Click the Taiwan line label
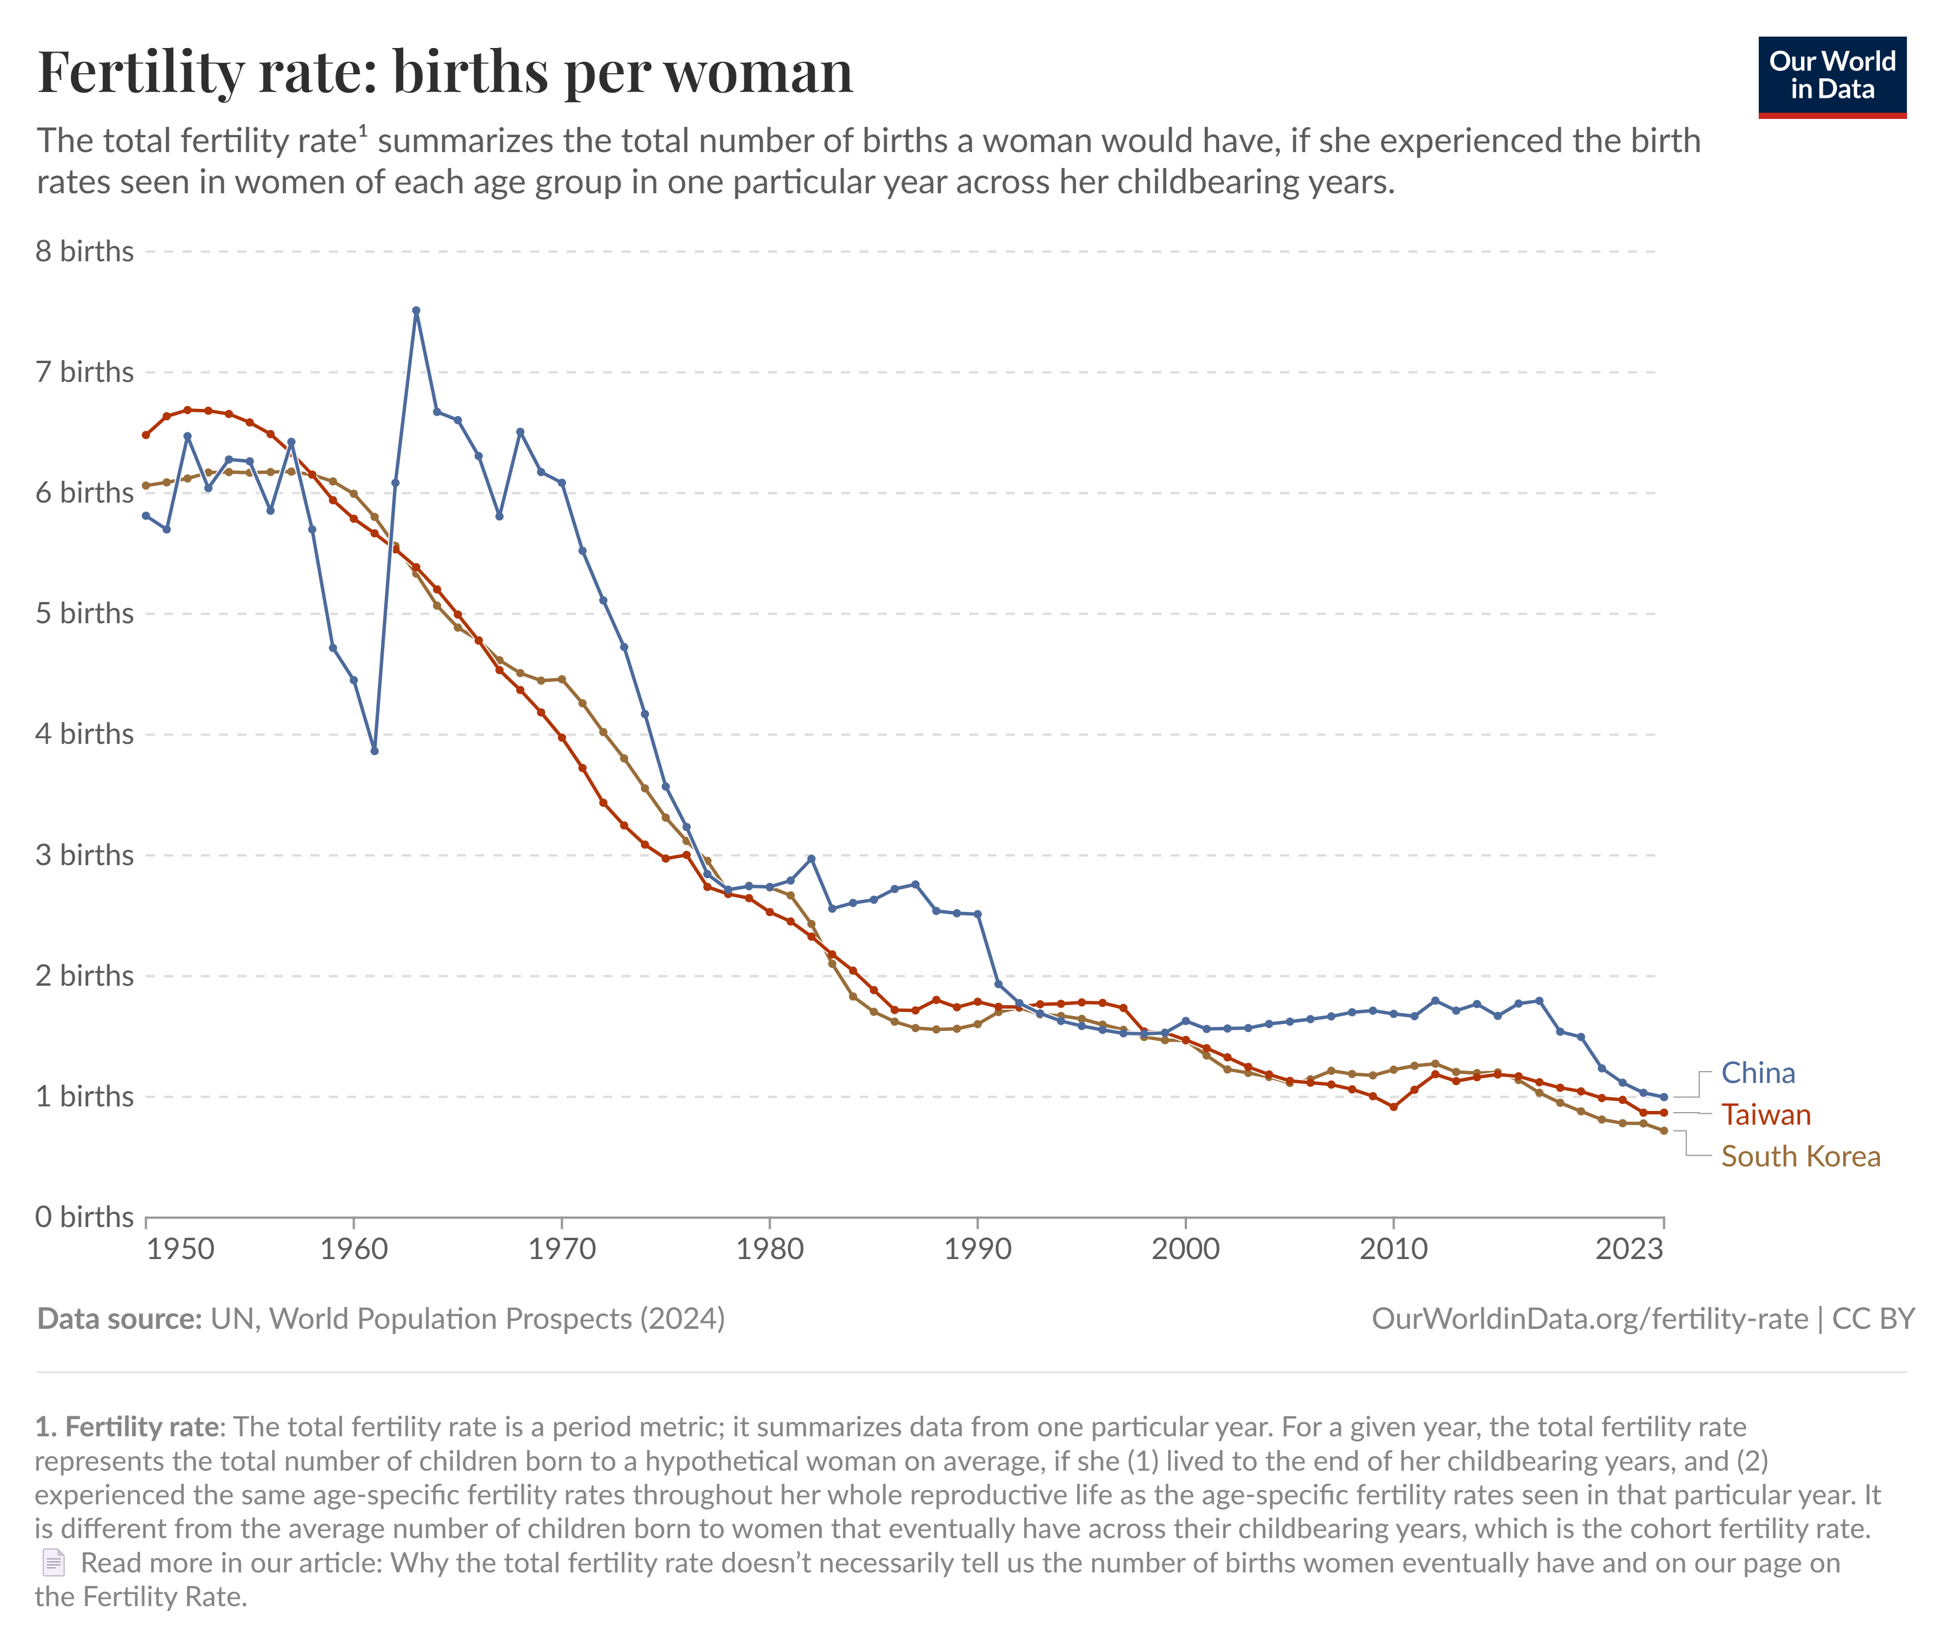1766,1114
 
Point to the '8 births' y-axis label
84,252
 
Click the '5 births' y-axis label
84,614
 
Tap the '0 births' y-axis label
84,1217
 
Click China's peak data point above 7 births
416,310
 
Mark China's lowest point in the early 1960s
375,751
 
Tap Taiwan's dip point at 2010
1393,1107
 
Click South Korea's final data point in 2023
1664,1131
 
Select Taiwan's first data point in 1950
146,435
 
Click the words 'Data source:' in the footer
119,1319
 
